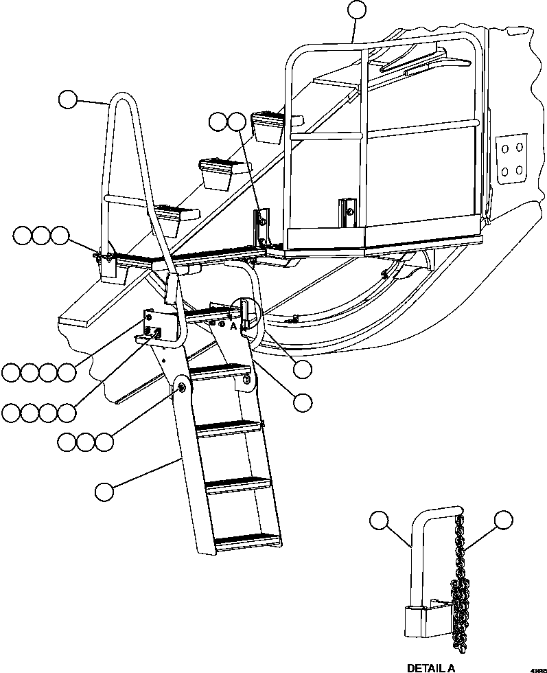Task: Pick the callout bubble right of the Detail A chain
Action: [504, 521]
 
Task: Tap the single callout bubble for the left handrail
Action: [67, 100]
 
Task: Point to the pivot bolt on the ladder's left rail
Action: [183, 389]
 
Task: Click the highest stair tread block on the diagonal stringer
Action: [268, 126]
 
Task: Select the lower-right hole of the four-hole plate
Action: [520, 170]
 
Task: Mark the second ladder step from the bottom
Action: [238, 484]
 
